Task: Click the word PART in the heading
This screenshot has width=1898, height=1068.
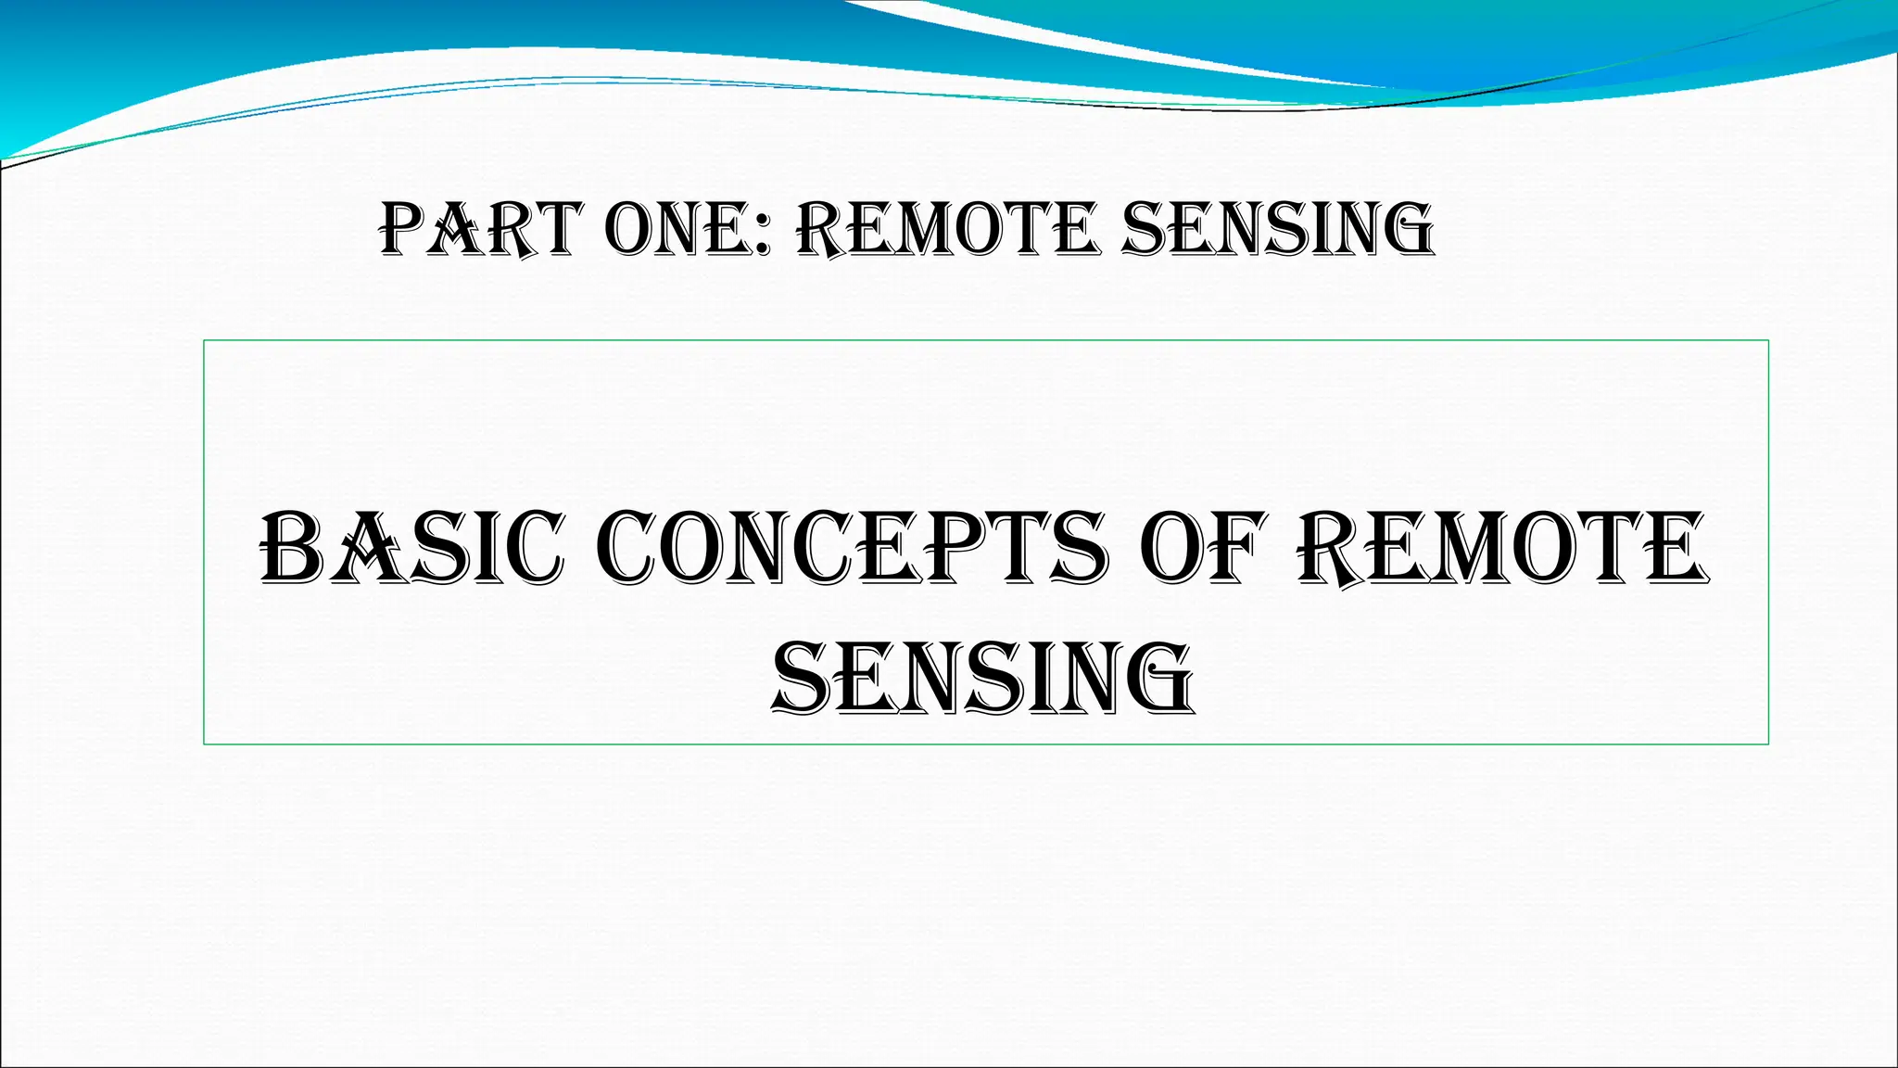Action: click(x=481, y=229)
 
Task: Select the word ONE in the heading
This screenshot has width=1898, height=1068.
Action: click(x=679, y=229)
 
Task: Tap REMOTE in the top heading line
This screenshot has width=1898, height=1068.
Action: click(x=947, y=229)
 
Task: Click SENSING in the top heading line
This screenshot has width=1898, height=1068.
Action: click(x=1277, y=229)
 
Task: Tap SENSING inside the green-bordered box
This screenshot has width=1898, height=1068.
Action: click(x=983, y=679)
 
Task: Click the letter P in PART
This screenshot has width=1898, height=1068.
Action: click(x=404, y=229)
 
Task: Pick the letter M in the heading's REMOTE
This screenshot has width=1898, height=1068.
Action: click(x=930, y=229)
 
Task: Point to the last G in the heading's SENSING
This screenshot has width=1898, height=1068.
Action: click(x=1405, y=229)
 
